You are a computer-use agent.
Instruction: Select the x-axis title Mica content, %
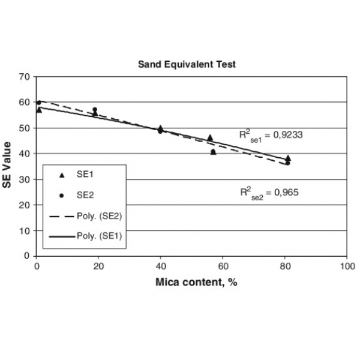click(x=191, y=283)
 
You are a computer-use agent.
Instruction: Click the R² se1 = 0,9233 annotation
click(x=271, y=136)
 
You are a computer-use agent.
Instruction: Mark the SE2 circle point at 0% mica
click(x=39, y=103)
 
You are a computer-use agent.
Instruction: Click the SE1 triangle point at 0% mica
click(x=39, y=110)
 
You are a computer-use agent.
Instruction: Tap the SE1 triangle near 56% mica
click(x=210, y=137)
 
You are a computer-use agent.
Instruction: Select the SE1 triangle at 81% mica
click(x=288, y=158)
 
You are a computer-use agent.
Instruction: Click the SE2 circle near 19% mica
click(x=95, y=110)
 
